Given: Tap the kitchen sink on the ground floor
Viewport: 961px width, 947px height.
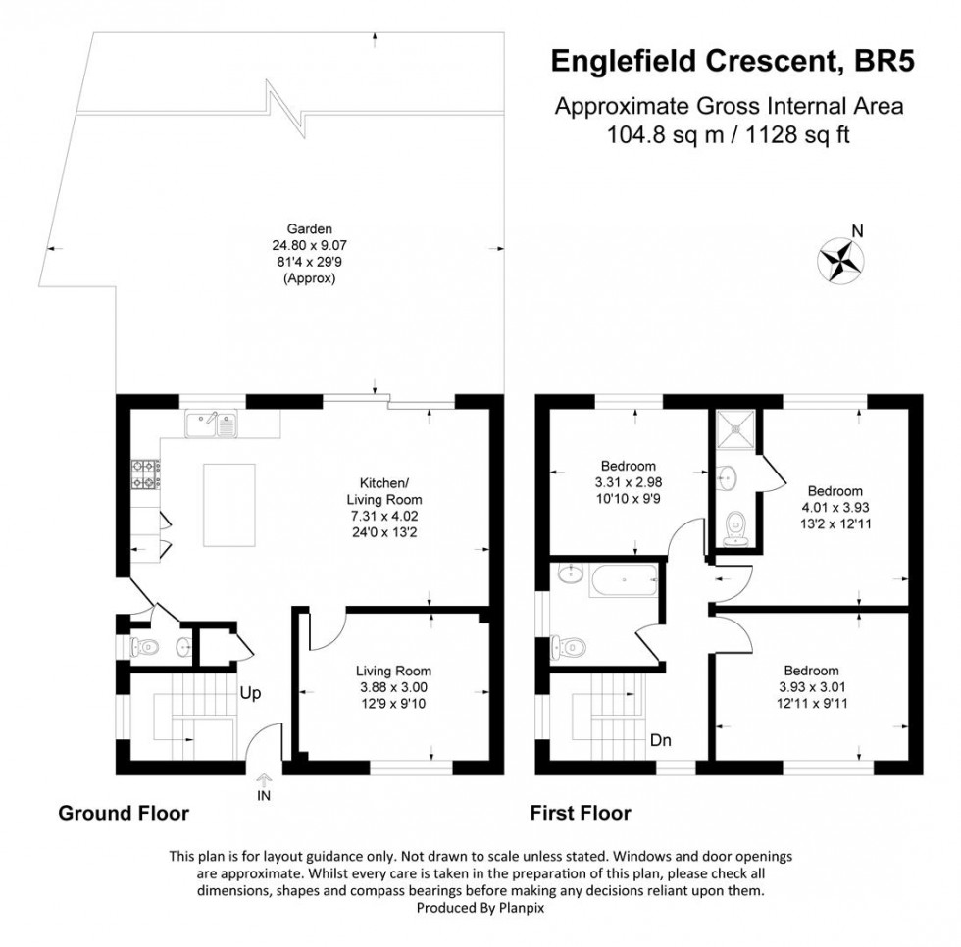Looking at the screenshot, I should (212, 424).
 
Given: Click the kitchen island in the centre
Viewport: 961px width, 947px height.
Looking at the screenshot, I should (228, 505).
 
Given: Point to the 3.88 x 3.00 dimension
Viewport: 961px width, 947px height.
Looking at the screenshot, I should (392, 688).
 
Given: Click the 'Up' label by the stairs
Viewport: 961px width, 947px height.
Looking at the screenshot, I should (249, 692).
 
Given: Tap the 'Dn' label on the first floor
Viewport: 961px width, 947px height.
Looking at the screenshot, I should (661, 740).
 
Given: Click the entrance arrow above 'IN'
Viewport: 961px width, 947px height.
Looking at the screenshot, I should (263, 780).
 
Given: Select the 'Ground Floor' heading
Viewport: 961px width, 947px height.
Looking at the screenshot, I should (124, 813).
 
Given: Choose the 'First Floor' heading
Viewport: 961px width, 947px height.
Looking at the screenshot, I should (581, 813).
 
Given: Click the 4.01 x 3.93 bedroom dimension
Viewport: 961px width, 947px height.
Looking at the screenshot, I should (835, 508).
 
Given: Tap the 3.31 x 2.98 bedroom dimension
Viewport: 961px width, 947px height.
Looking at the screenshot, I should (628, 482).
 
